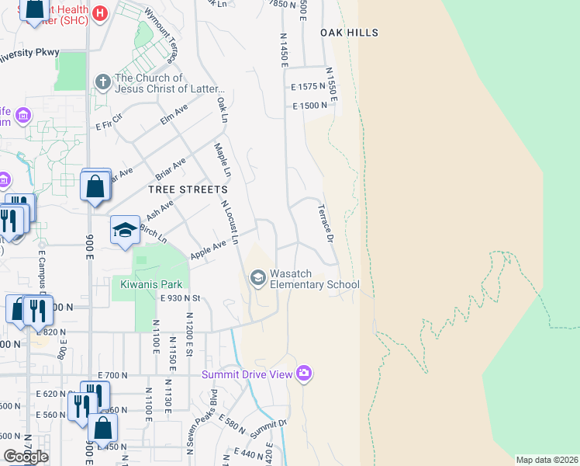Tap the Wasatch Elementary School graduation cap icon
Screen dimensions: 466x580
point(257,277)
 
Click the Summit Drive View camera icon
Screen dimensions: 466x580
point(303,374)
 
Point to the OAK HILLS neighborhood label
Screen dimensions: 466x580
point(349,33)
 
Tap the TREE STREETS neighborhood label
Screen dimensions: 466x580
point(188,190)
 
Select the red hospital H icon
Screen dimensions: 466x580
point(99,13)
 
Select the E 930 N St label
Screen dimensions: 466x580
point(181,298)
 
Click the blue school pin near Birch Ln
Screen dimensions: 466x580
point(125,231)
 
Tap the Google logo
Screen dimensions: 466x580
point(26,457)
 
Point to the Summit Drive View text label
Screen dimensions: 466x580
point(247,374)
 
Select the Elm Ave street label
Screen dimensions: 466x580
point(174,116)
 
